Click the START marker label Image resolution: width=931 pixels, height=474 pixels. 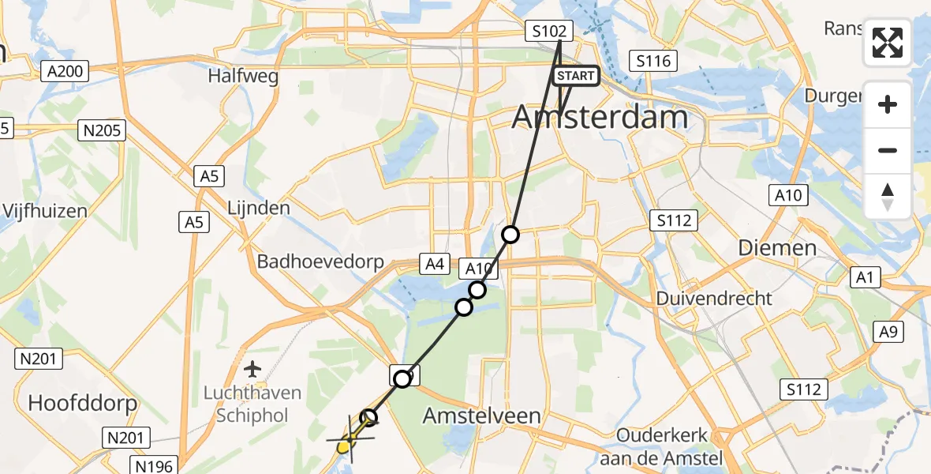(576, 76)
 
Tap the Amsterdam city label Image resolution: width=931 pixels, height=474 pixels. (600, 118)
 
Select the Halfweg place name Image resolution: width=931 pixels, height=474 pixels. (233, 77)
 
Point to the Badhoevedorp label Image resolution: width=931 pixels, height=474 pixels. (320, 261)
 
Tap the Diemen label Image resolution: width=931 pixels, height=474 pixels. (777, 248)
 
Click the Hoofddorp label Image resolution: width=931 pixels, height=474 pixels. (82, 403)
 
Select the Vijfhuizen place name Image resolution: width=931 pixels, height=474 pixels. (44, 211)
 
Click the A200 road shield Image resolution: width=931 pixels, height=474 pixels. (65, 72)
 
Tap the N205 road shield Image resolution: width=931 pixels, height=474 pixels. (103, 131)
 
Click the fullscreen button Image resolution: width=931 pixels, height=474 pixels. (888, 43)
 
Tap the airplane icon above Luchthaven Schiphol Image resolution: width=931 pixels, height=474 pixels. (252, 369)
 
